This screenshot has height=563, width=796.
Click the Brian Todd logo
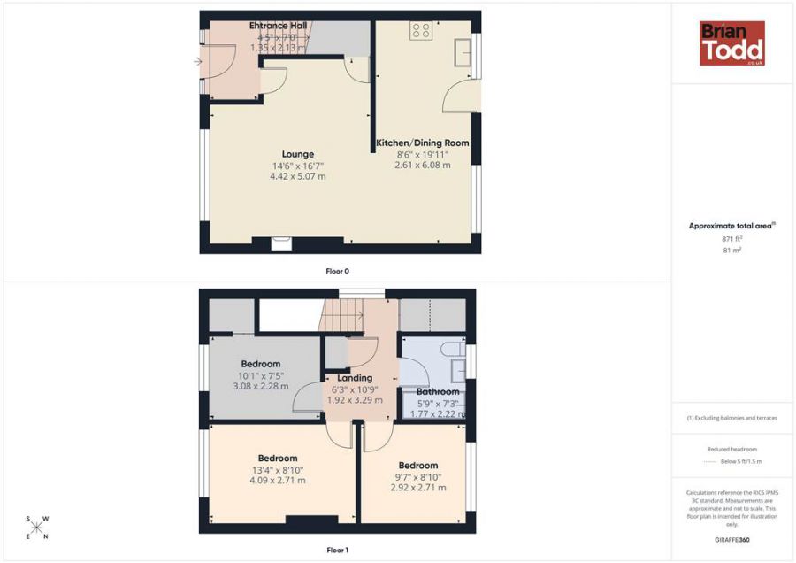click(x=731, y=43)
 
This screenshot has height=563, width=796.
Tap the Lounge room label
click(x=297, y=154)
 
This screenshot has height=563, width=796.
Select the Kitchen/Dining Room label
click(x=423, y=143)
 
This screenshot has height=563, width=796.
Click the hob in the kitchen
click(x=421, y=31)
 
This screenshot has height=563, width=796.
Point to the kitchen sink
click(x=463, y=52)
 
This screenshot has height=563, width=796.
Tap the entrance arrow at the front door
click(x=196, y=62)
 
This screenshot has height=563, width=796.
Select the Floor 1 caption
click(x=337, y=551)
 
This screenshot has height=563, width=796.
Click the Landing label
click(x=355, y=378)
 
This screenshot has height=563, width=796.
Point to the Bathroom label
click(x=438, y=392)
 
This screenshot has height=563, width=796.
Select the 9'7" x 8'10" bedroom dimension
click(x=420, y=476)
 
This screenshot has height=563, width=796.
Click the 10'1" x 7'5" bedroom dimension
click(x=261, y=374)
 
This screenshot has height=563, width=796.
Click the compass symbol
click(x=37, y=527)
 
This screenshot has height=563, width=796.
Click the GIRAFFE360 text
click(x=731, y=539)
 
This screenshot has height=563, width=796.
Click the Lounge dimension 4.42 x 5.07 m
click(x=297, y=176)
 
